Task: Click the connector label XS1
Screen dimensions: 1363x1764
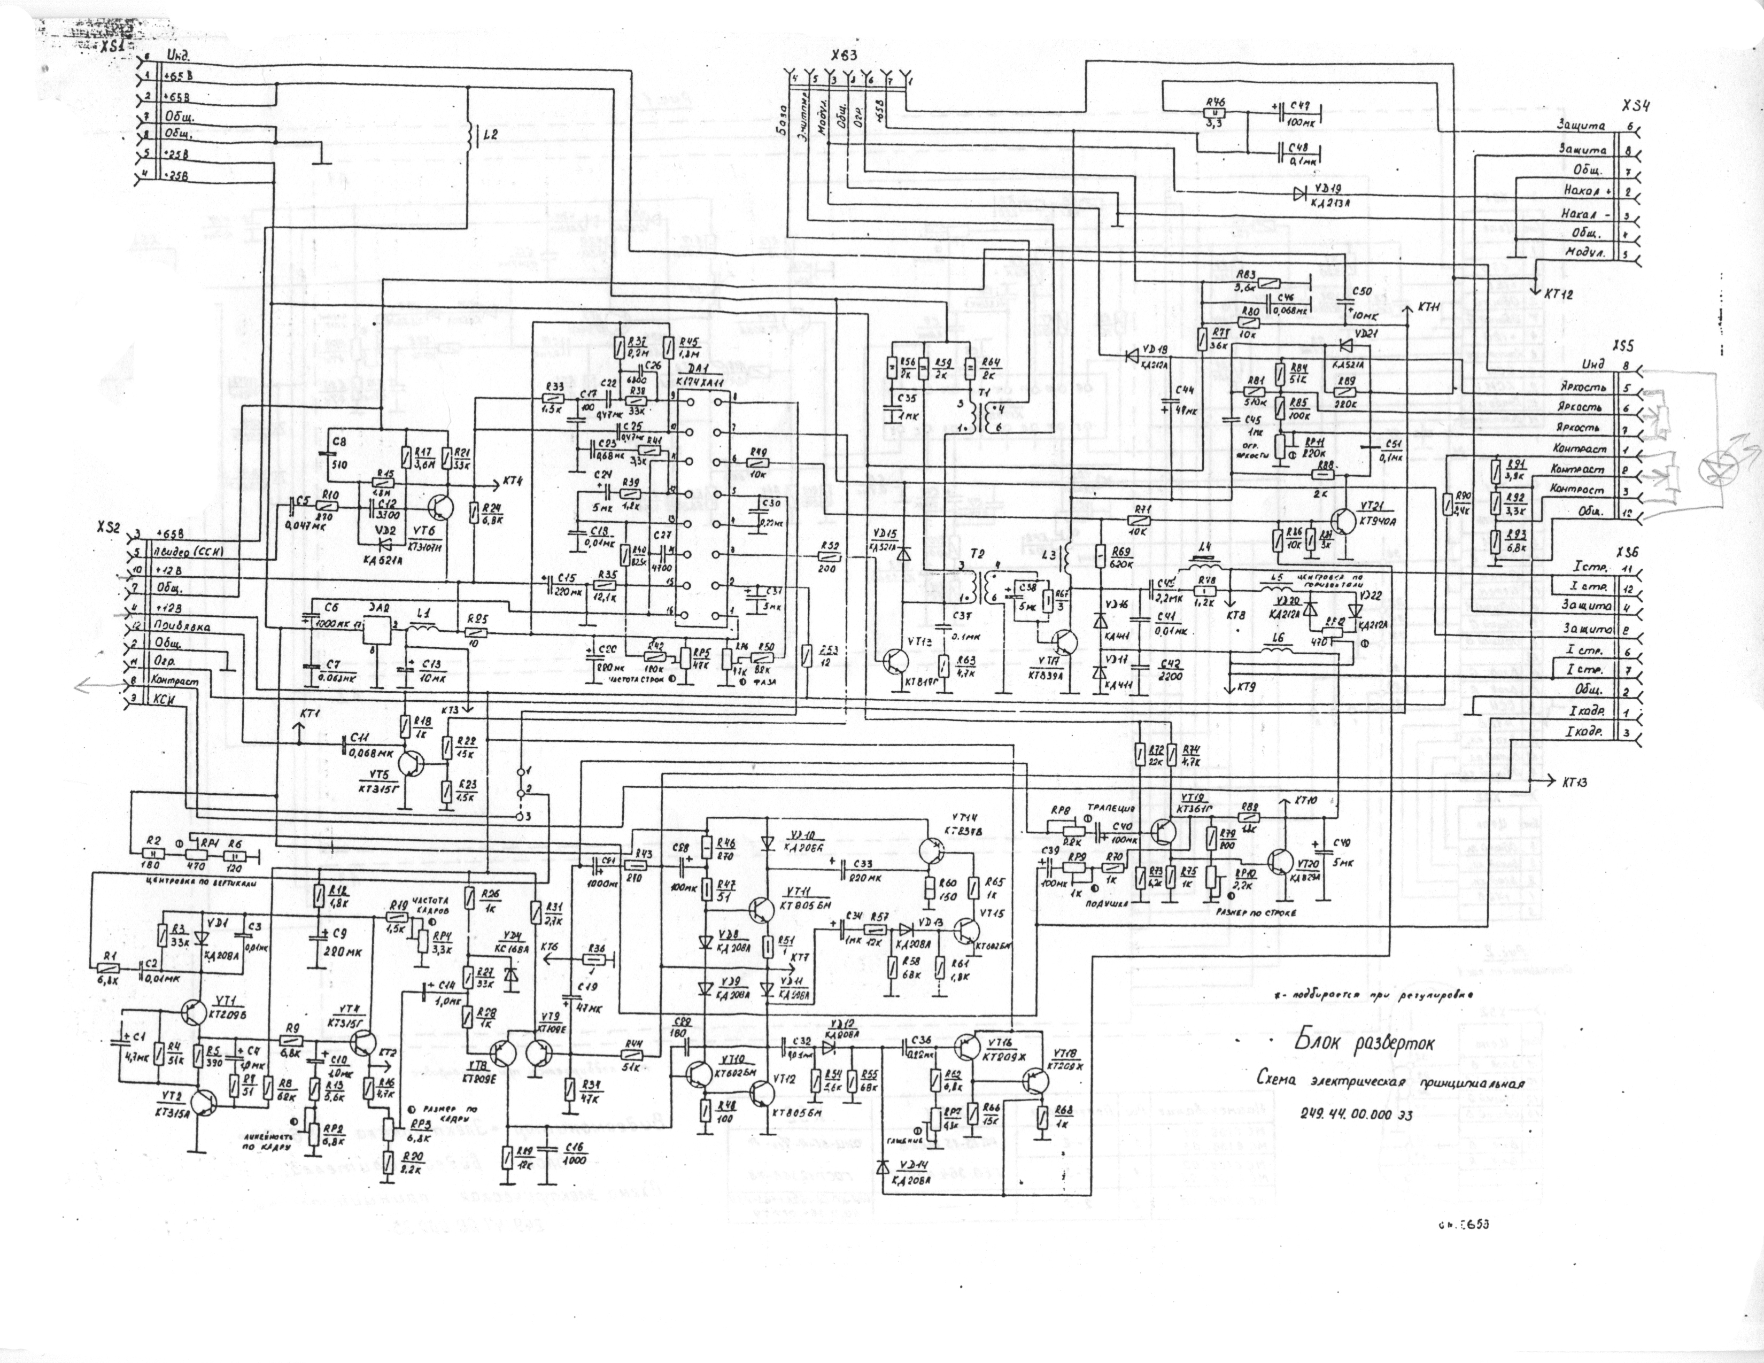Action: (112, 45)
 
